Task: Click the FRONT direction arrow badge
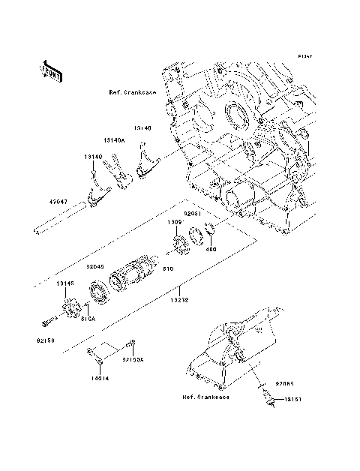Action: coord(51,71)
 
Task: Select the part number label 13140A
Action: coord(114,139)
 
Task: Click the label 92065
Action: coord(285,382)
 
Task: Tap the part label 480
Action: coord(212,250)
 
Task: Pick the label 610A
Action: coord(88,318)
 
